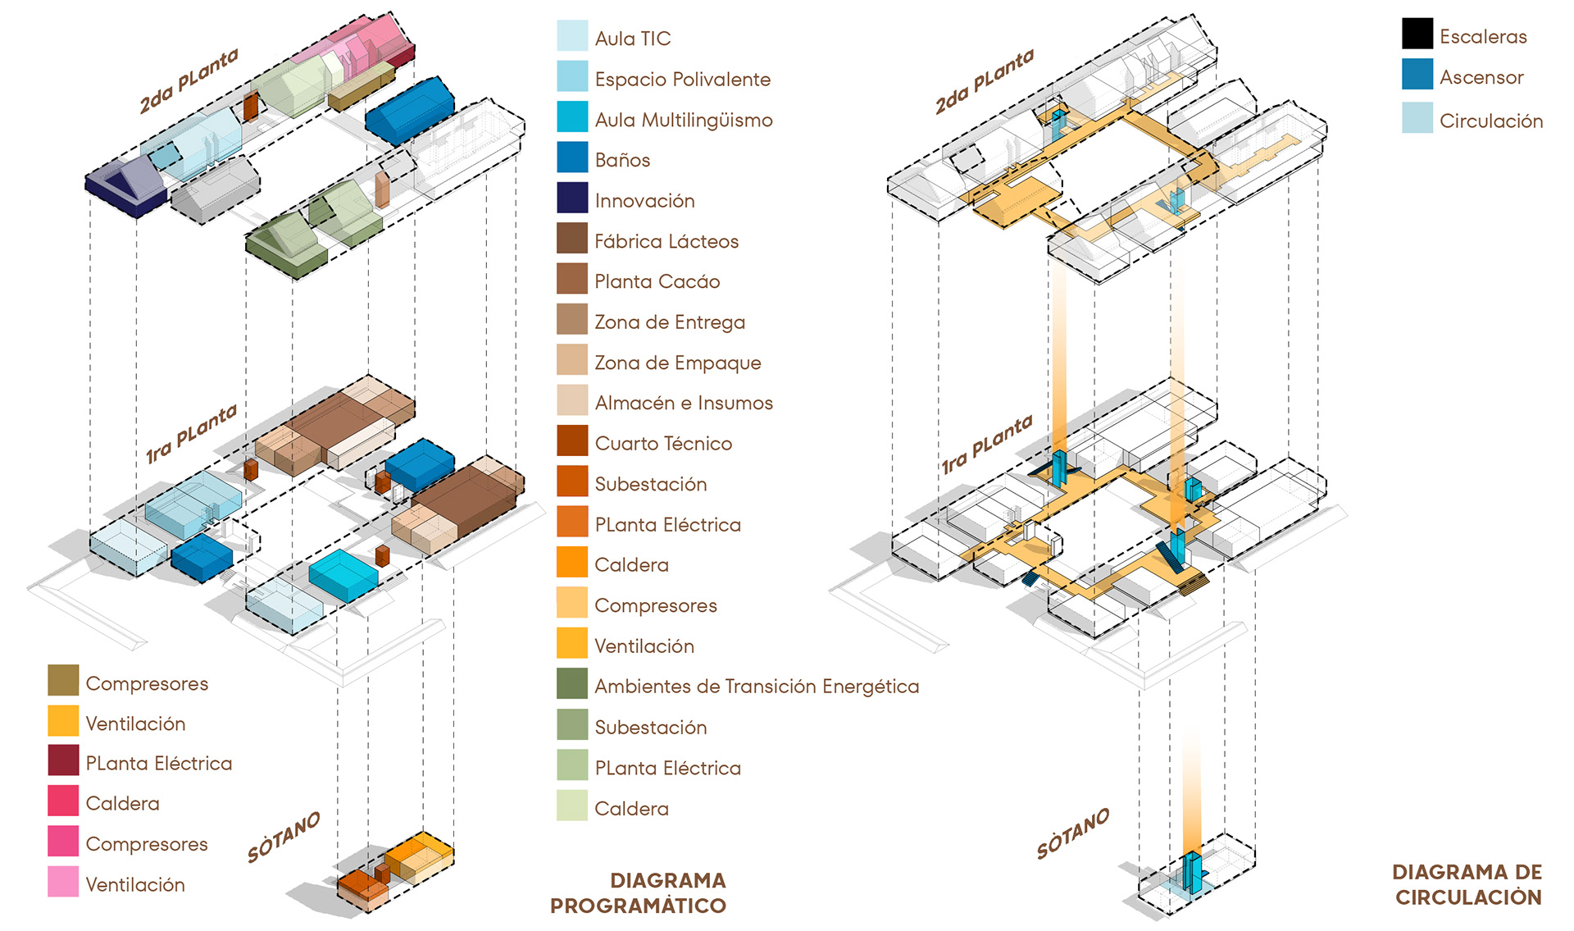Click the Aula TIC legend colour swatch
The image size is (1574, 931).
pos(571,36)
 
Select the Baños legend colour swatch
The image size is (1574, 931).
pos(571,157)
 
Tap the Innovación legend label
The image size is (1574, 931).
pos(644,201)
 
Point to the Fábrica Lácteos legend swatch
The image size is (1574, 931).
pos(571,239)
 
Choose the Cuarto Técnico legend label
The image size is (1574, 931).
pos(663,444)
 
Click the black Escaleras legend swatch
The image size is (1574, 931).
pos(1417,34)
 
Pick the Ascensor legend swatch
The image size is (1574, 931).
pos(1417,75)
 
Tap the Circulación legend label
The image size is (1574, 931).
pos(1491,121)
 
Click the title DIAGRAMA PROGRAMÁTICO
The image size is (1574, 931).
pos(639,892)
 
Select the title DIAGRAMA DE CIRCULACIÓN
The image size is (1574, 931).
pos(1467,884)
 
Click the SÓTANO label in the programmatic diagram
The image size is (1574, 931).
pos(283,837)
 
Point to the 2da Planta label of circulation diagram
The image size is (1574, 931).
pos(984,82)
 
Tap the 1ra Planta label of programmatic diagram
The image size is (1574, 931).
pos(191,434)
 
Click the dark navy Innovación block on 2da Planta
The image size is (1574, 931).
pos(127,187)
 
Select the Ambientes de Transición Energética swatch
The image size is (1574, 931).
pos(571,683)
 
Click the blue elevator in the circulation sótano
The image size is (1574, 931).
pos(1193,873)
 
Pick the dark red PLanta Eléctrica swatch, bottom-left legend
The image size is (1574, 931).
pos(63,760)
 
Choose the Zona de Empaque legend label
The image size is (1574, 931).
pos(677,363)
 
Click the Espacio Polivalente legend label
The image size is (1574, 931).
pos(682,80)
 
